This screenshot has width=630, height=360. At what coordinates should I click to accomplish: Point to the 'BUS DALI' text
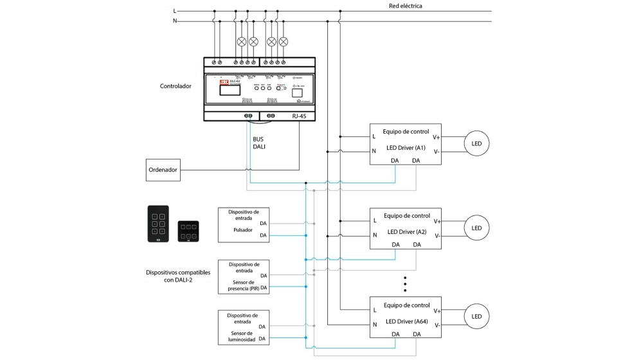click(x=258, y=142)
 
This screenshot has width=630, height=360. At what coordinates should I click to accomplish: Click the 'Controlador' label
click(x=175, y=85)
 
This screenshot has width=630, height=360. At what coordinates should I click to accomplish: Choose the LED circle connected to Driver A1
click(x=476, y=143)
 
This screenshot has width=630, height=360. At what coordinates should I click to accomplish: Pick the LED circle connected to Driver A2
click(x=476, y=228)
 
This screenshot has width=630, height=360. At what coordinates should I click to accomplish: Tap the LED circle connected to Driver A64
click(x=476, y=316)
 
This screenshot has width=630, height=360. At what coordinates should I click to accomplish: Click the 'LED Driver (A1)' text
click(x=406, y=148)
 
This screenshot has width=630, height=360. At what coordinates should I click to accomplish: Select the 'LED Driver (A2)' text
click(x=406, y=231)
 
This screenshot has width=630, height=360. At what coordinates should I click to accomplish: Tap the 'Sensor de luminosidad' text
click(x=242, y=337)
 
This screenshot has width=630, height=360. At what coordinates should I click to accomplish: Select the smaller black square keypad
click(x=188, y=231)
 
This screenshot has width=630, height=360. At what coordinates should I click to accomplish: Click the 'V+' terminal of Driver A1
click(x=437, y=136)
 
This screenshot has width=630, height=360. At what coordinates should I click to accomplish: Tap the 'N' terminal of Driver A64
click(x=374, y=325)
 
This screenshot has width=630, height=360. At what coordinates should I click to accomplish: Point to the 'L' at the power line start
click(x=174, y=11)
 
